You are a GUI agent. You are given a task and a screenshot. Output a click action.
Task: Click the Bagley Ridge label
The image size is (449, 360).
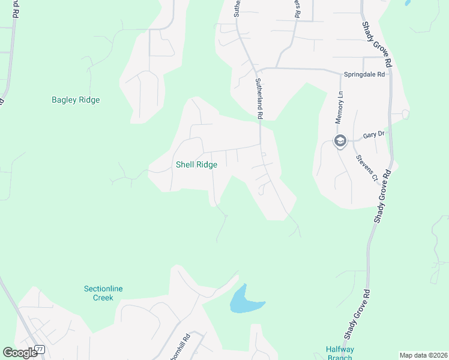[x=76, y=100]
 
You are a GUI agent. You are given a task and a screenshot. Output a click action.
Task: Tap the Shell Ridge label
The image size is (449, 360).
[x=196, y=164]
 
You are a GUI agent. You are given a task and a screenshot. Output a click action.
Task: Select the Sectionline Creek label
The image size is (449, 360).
[x=103, y=293]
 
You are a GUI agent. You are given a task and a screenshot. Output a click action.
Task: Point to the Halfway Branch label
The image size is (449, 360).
[x=339, y=353]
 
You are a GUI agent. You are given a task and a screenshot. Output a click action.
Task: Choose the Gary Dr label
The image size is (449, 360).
[x=373, y=135]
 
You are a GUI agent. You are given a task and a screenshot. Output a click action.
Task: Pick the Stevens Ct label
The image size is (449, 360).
[x=366, y=169]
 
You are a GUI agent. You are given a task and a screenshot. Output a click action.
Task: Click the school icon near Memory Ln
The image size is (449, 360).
[x=340, y=142]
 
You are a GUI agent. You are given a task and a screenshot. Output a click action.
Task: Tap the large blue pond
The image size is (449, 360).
[x=243, y=301]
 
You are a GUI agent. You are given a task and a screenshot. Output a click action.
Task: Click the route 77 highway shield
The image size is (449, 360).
[x=40, y=349]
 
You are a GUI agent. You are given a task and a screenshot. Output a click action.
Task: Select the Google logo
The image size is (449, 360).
[x=20, y=353]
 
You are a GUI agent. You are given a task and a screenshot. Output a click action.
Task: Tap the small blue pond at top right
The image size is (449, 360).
[x=408, y=2]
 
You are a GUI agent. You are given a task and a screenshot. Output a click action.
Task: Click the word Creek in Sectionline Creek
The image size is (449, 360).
[x=103, y=298]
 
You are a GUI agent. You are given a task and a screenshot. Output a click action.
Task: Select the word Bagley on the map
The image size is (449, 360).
[x=64, y=100]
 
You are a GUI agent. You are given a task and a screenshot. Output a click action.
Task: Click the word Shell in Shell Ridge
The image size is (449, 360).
[x=184, y=164]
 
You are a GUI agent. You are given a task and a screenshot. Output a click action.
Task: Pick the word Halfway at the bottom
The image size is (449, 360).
[x=339, y=349]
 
